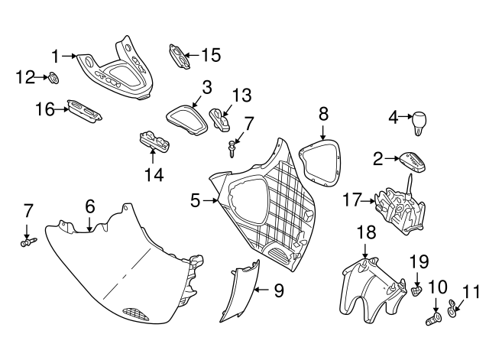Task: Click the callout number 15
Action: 211,56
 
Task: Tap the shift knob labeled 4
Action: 419,123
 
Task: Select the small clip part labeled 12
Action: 53,78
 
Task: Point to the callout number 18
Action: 366,232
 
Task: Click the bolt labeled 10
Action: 433,319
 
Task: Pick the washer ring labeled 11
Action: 452,307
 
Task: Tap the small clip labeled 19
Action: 416,291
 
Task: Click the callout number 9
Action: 279,290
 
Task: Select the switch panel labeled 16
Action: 85,111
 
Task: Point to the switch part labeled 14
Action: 154,143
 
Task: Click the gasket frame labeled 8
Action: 320,163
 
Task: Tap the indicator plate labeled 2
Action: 412,162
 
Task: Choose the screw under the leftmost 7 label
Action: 28,242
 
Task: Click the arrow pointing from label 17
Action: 368,201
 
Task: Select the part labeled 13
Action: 220,120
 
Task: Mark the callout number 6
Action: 90,206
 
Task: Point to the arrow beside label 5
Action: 210,200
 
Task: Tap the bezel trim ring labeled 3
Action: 186,120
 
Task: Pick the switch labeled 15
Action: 180,56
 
